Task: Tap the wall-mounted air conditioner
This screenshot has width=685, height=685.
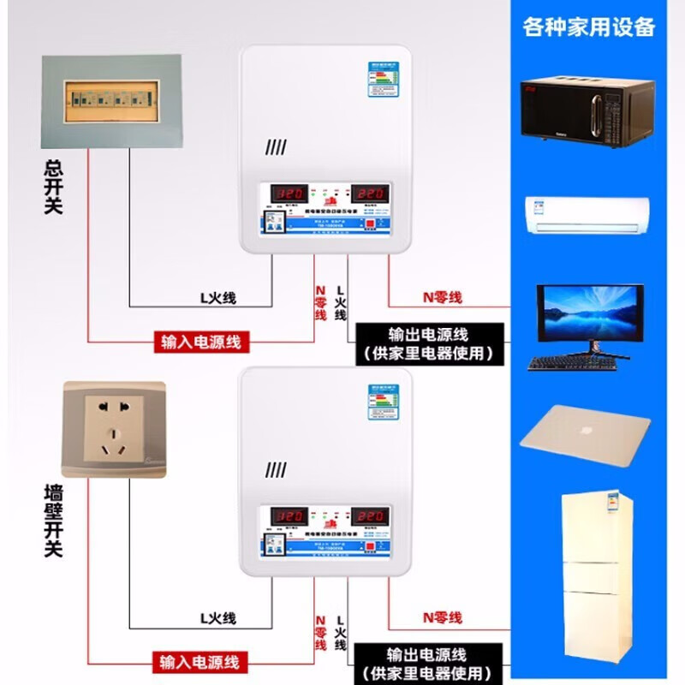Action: coord(587,215)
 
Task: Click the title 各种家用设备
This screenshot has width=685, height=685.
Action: coord(589,27)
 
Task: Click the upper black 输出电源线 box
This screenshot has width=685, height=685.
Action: coord(428,342)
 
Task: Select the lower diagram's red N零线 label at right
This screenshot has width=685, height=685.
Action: coord(442,616)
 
